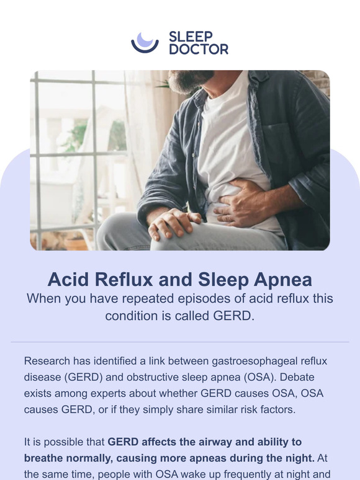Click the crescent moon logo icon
145,42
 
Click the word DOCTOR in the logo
199,49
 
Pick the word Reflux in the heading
127,279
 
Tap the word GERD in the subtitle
235,315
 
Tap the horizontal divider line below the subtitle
180,342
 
